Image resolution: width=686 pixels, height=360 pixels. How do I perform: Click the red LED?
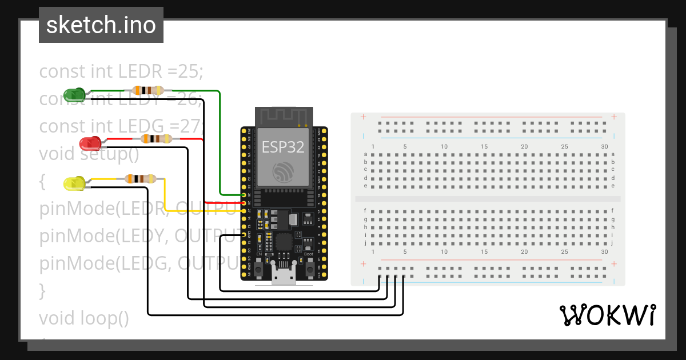[x=90, y=142]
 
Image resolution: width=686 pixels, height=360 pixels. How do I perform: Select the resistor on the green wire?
[x=147, y=90]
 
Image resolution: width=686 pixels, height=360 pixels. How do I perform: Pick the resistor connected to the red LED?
[x=156, y=139]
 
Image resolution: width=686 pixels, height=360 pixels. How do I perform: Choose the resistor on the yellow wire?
[x=140, y=179]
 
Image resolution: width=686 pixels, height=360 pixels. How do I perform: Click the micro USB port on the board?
[x=284, y=277]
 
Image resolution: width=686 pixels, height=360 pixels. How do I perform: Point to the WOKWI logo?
[x=607, y=315]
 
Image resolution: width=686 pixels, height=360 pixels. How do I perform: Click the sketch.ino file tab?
[x=101, y=25]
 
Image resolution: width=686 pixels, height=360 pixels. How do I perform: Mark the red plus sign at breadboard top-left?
[x=363, y=117]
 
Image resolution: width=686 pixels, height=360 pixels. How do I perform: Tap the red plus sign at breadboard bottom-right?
[x=614, y=264]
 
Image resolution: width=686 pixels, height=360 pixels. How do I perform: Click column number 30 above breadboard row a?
[x=605, y=147]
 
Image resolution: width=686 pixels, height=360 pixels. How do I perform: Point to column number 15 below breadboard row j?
[x=484, y=252]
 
